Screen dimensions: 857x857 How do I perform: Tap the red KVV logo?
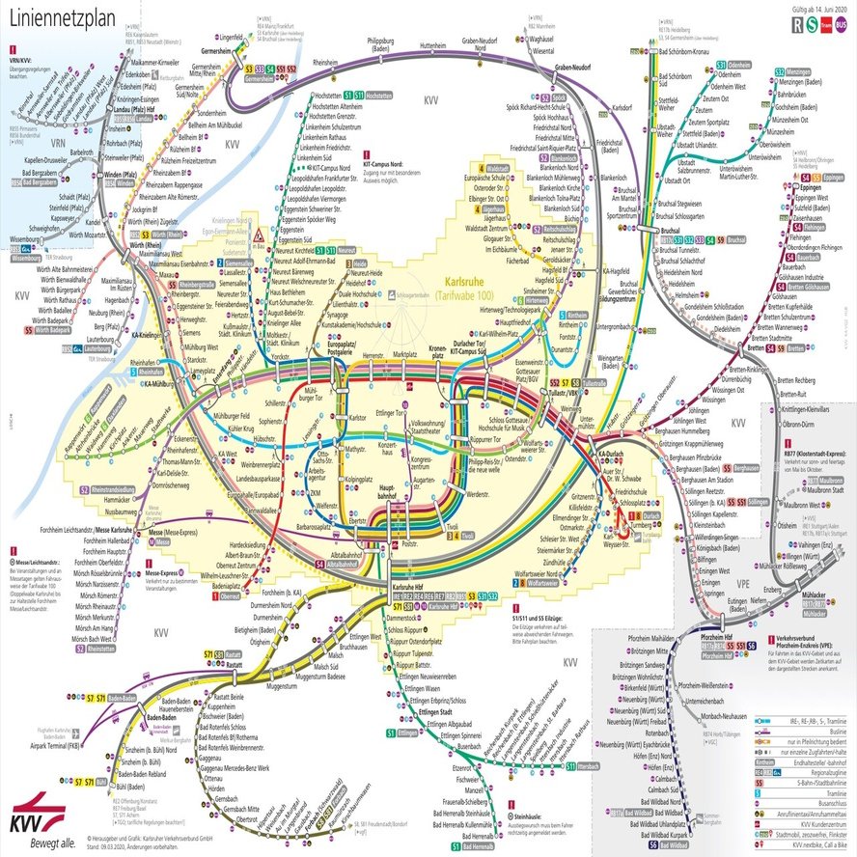32,807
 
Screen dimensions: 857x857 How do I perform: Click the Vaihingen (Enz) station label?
812,546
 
